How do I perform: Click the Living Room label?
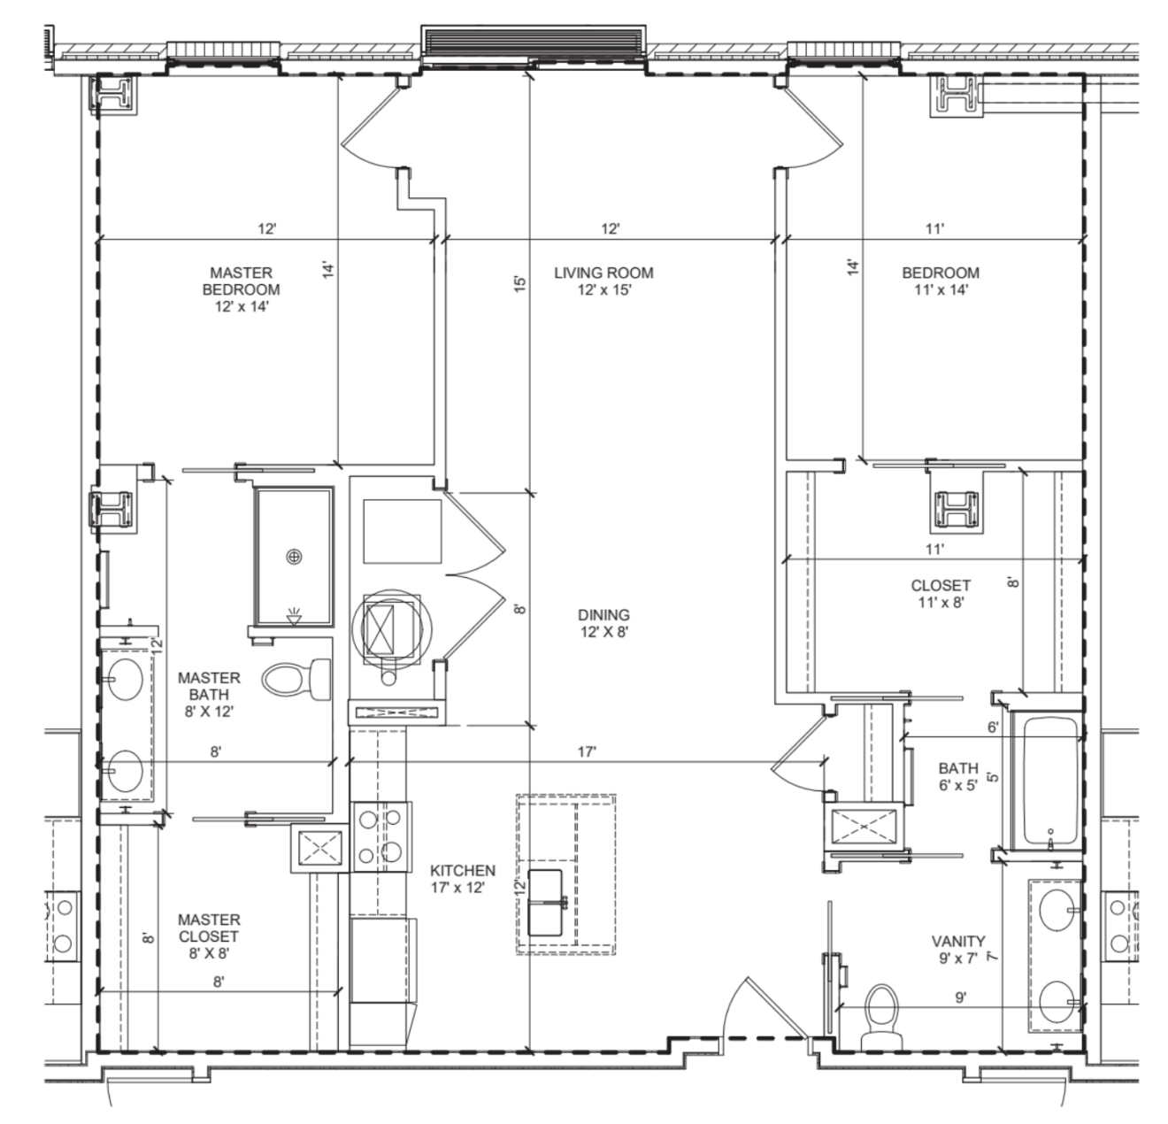(x=603, y=281)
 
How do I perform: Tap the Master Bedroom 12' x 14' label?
(x=241, y=289)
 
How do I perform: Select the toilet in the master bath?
(x=297, y=679)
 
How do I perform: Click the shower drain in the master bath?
(x=294, y=557)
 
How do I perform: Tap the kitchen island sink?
(x=545, y=902)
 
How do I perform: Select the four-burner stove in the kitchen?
(x=381, y=836)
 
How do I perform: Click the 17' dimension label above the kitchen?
(x=587, y=751)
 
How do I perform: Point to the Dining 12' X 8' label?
(x=603, y=623)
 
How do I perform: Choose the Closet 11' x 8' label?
(x=941, y=593)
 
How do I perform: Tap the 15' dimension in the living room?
(x=520, y=283)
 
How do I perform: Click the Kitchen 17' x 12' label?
(x=463, y=879)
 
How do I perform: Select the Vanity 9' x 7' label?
(x=958, y=950)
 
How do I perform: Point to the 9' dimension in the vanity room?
(x=961, y=997)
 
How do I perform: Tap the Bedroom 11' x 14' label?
(x=941, y=281)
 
